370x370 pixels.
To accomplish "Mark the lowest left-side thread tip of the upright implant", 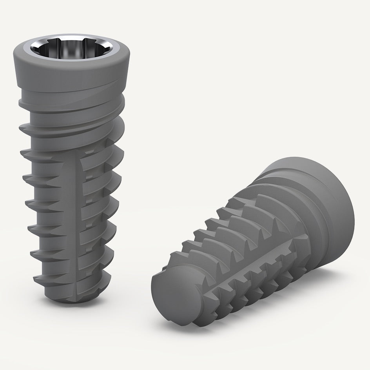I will (34, 279).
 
